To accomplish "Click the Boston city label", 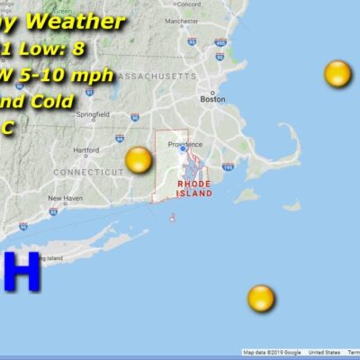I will pyautogui.click(x=212, y=99).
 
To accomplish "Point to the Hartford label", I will pyautogui.click(x=85, y=150).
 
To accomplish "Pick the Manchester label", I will pyautogui.click(x=206, y=20).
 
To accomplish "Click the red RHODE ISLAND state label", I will pyautogui.click(x=194, y=188).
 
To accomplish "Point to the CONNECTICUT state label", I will pyautogui.click(x=85, y=171).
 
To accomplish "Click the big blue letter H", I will pyautogui.click(x=22, y=271).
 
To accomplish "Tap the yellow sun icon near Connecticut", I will pyautogui.click(x=139, y=160).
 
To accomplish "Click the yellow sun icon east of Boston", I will pyautogui.click(x=337, y=74).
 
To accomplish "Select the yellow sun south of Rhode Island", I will pyautogui.click(x=261, y=298).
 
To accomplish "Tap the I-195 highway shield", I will pyautogui.click(x=228, y=166).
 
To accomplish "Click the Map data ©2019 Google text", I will pyautogui.click(x=271, y=353).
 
